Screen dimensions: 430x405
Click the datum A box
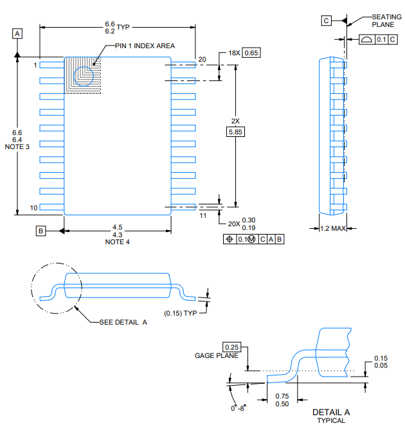click(17, 32)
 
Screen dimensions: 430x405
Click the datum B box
click(40, 230)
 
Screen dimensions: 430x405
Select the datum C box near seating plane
click(327, 21)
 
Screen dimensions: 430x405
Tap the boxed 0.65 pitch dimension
click(251, 53)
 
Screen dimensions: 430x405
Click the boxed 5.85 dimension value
click(236, 132)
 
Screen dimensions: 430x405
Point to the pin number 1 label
click(35, 65)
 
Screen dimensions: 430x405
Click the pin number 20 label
click(202, 59)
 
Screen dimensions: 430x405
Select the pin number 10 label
click(34, 208)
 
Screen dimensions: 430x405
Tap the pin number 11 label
click(203, 217)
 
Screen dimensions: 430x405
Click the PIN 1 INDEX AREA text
click(145, 46)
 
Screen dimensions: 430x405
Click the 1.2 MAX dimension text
click(333, 228)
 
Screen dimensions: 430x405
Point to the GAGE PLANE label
click(216, 355)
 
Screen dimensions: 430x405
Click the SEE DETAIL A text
click(123, 322)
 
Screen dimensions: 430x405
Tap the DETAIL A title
click(330, 411)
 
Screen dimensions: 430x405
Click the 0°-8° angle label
click(239, 408)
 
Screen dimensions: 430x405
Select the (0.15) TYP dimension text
click(181, 313)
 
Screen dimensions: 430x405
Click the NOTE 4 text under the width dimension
click(118, 242)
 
